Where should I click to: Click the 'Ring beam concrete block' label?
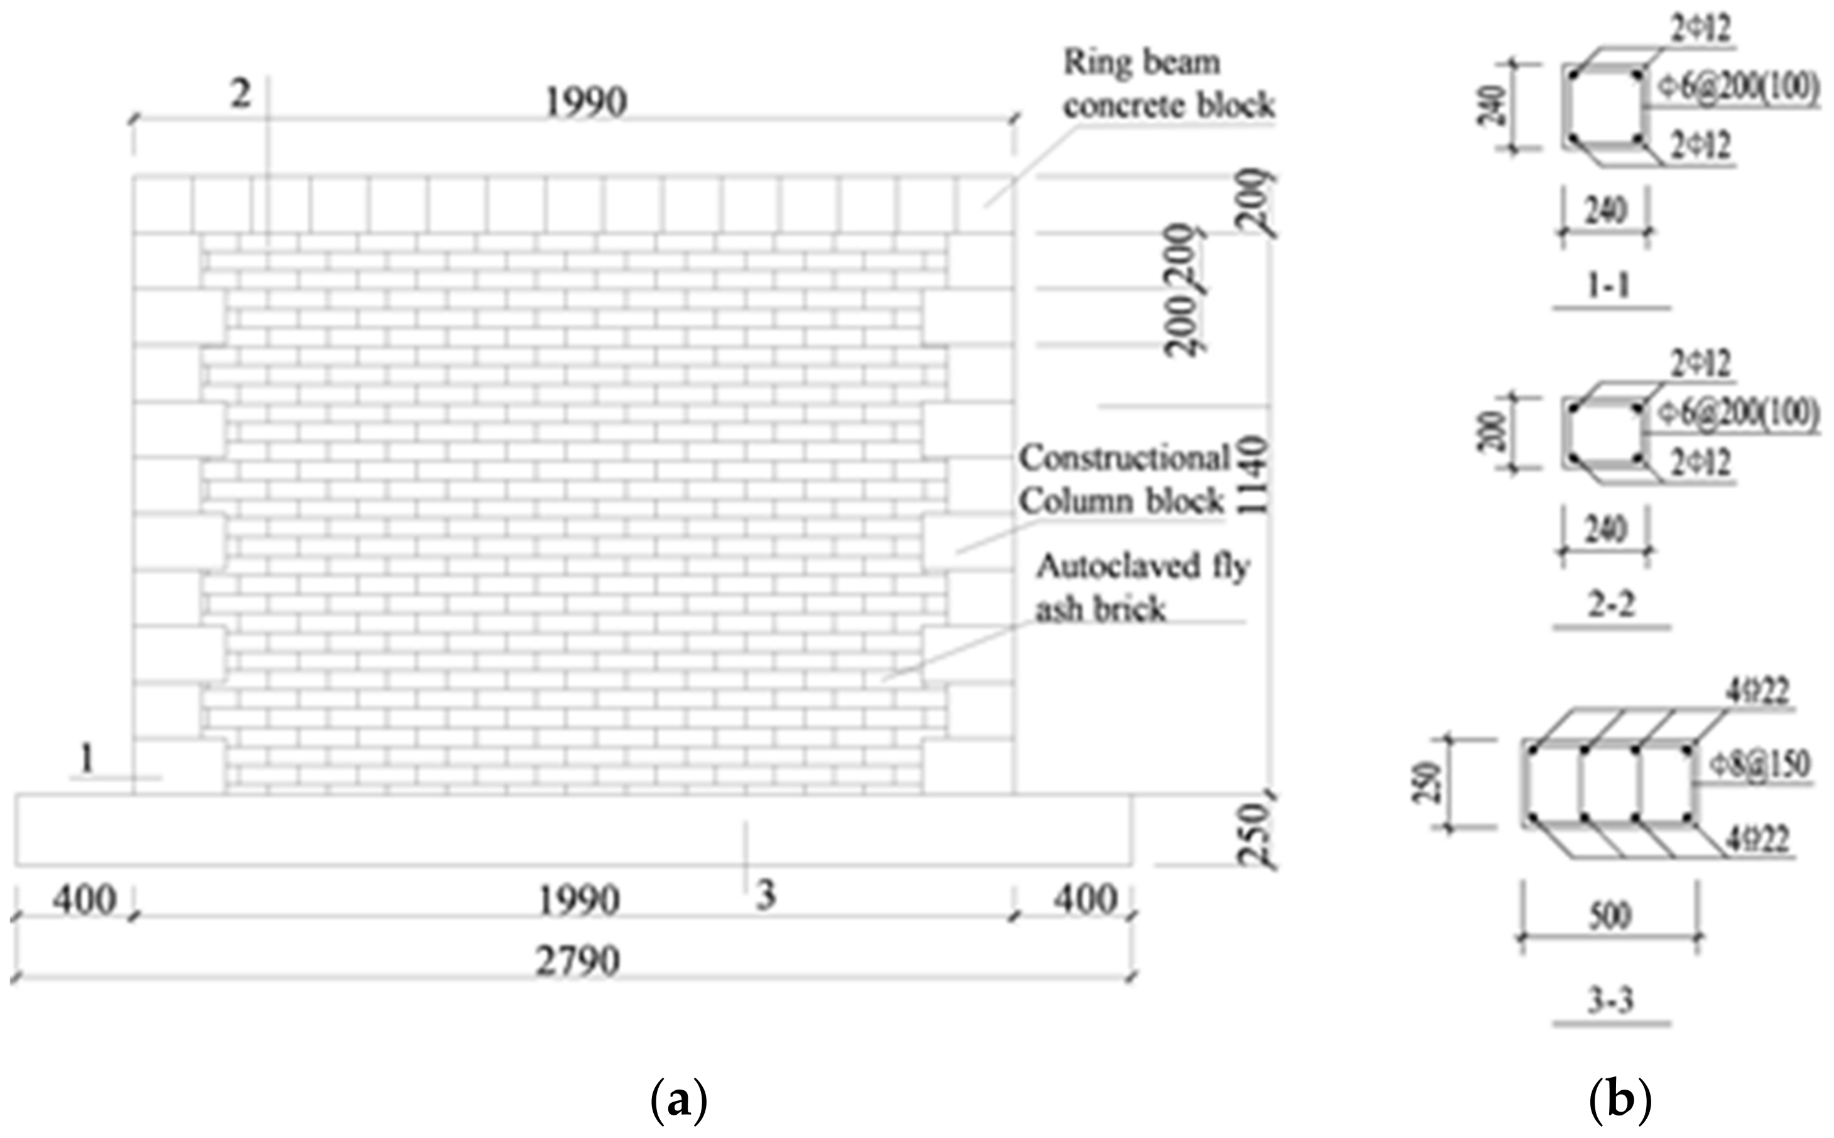coord(1168,84)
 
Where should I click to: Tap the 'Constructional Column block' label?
coord(1124,479)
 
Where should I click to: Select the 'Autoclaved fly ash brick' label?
coord(1142,588)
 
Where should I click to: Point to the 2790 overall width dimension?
coord(578,961)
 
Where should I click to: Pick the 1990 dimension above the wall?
coord(585,102)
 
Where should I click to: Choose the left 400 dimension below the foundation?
coord(85,900)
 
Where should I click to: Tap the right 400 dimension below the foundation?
coord(1085,900)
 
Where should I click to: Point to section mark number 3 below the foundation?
coord(766,896)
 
